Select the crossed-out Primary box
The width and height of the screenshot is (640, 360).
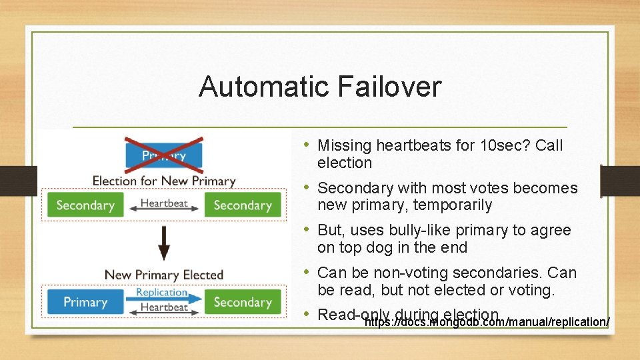(x=163, y=155)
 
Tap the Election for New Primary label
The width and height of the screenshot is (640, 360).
(x=163, y=181)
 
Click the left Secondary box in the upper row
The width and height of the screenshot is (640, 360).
(x=85, y=205)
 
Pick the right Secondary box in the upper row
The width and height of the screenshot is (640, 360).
(x=242, y=205)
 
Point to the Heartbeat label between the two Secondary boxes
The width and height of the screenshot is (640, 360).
(x=163, y=203)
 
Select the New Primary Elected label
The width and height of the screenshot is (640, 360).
(x=163, y=275)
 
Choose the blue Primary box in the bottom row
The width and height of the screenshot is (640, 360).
(x=85, y=302)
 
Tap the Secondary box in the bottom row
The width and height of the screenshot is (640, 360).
(x=242, y=302)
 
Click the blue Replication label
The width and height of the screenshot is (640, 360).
(x=162, y=292)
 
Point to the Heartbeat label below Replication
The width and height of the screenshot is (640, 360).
(x=164, y=307)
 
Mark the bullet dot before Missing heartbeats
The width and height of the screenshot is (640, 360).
(x=306, y=145)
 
